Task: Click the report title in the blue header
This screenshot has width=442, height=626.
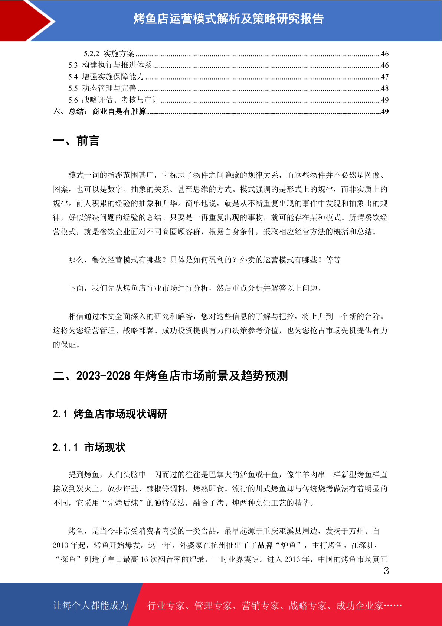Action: pos(228,19)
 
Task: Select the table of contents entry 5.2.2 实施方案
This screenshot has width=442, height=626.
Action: pos(109,54)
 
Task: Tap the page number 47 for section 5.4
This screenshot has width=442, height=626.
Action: pos(384,77)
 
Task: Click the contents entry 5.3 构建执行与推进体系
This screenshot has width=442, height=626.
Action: pos(110,65)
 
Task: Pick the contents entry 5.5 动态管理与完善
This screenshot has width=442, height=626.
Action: pos(102,88)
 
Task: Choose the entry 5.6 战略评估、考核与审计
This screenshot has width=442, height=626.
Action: pos(114,100)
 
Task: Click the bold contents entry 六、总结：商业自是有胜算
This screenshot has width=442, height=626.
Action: pos(99,112)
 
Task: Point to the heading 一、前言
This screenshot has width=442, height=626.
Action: pos(76,141)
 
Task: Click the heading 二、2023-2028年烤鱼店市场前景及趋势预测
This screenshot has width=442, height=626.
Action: pos(170,376)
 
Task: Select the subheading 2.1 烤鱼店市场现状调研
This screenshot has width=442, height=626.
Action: pos(110,414)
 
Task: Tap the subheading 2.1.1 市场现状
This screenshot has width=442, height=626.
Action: pos(89,447)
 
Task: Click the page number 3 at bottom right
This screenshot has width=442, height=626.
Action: pos(386,571)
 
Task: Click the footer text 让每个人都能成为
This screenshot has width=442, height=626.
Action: pos(91,606)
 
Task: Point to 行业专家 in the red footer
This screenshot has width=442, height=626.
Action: pos(166,606)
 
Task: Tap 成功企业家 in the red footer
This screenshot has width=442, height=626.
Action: pos(359,606)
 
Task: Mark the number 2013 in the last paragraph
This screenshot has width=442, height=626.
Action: pos(60,545)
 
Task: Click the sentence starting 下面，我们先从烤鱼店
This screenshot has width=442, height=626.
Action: pos(195,288)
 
